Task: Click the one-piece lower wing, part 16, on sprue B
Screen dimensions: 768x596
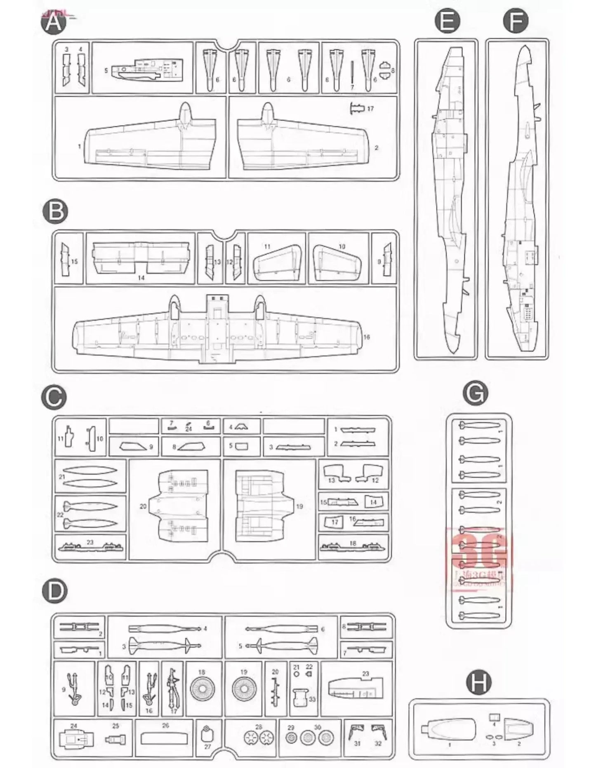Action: tap(219, 334)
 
